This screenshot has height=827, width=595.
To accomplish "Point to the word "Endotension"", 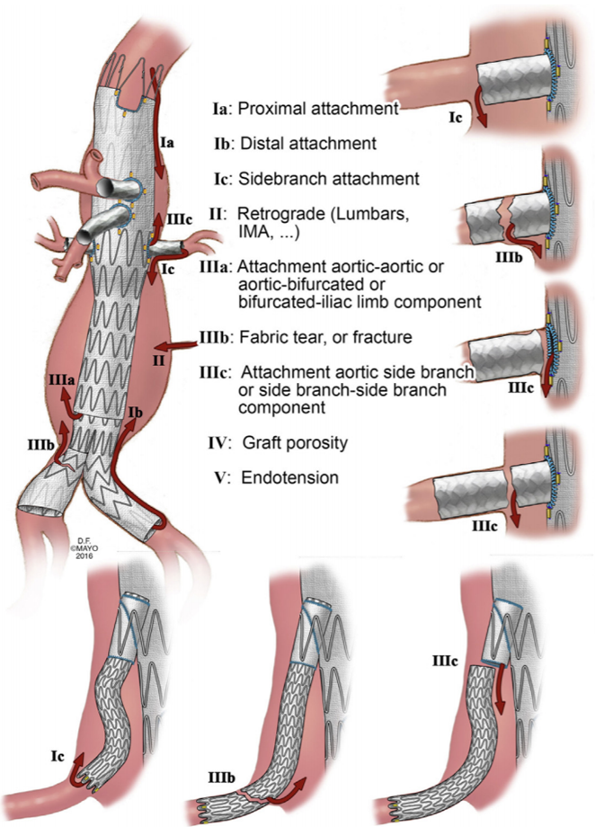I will tap(290, 478).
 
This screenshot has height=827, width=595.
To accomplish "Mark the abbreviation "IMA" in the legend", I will tap(255, 234).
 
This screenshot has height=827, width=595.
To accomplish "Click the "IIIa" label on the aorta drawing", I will tap(54, 382).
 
